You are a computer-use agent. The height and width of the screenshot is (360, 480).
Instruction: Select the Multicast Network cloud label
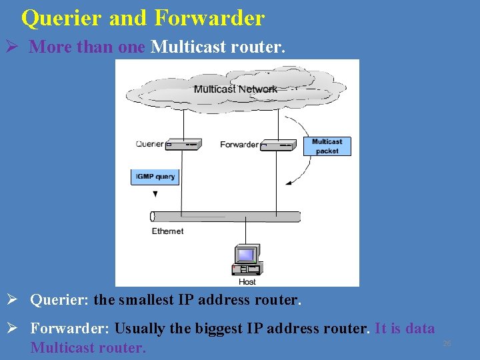(235, 89)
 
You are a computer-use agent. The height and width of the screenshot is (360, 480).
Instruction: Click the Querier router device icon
(183, 144)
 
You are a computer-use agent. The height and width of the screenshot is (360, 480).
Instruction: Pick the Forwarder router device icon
(277, 144)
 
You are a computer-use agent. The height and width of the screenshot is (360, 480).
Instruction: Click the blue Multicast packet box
(327, 146)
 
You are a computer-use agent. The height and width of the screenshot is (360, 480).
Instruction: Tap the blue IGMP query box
(155, 177)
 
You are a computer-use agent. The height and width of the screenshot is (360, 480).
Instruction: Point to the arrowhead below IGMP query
(155, 194)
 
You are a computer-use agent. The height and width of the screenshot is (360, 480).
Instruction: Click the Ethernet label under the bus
(167, 231)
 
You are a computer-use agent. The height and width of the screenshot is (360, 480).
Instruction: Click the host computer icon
(246, 260)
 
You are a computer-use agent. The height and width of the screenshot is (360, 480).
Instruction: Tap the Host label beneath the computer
(247, 282)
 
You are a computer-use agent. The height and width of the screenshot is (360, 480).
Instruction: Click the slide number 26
(447, 343)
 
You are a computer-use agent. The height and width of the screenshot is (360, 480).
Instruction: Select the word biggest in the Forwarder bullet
(204, 329)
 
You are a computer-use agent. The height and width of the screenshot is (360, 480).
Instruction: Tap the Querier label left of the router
(149, 144)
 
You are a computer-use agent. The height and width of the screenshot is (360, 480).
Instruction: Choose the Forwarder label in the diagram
(239, 144)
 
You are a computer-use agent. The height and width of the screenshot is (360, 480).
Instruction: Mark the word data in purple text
(420, 329)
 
